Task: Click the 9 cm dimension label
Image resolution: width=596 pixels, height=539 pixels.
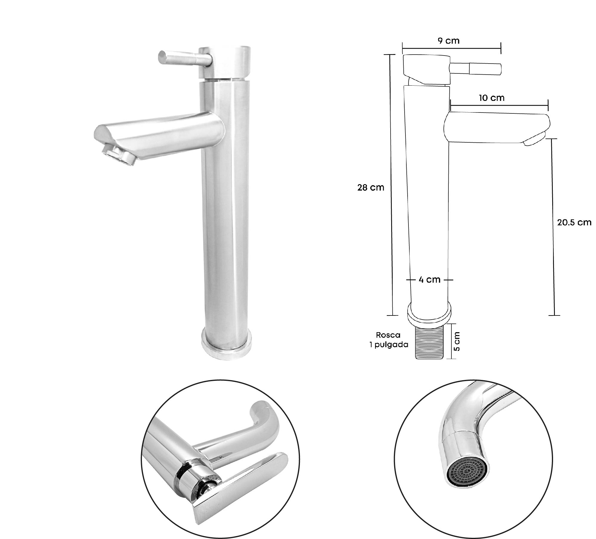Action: (x=449, y=41)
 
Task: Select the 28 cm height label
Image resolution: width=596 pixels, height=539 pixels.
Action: (x=371, y=188)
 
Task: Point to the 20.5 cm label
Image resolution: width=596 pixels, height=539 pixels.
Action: (x=574, y=222)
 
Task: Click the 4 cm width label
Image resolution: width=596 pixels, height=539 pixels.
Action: (x=429, y=280)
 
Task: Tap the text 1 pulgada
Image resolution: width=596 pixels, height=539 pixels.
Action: (x=388, y=345)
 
